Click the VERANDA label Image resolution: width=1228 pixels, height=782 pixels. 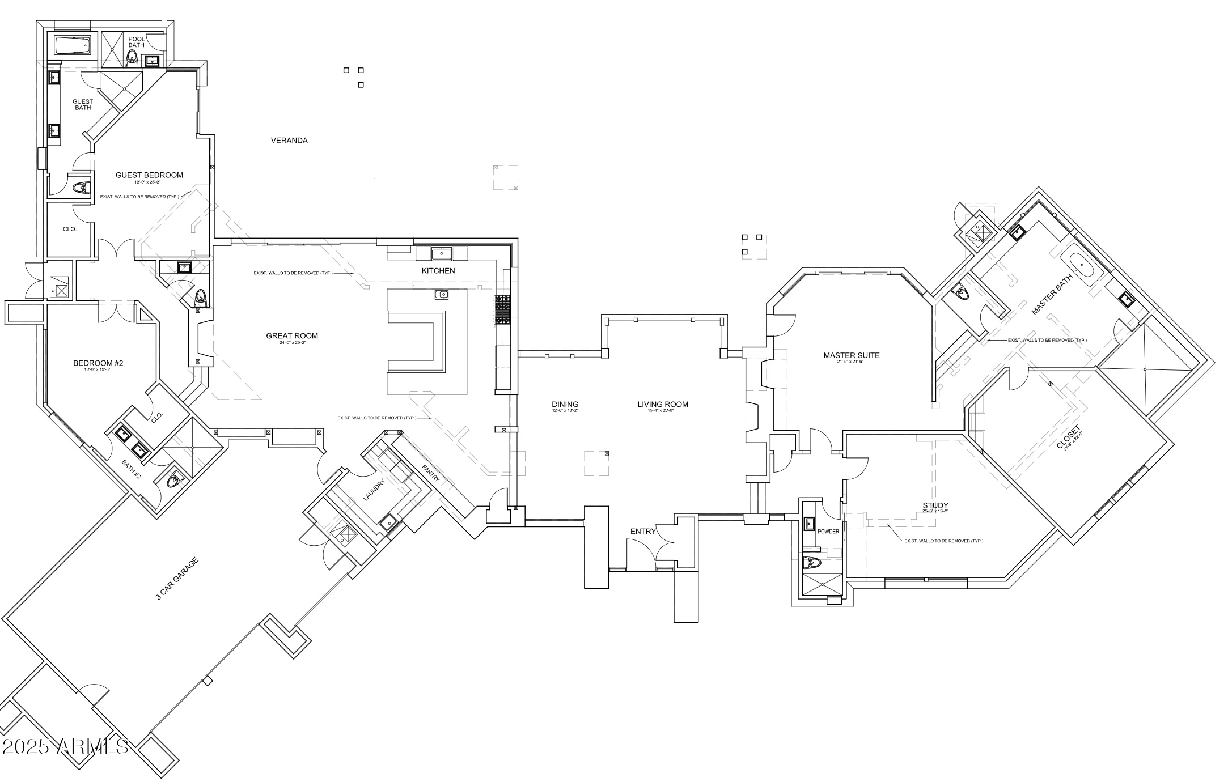pyautogui.click(x=289, y=141)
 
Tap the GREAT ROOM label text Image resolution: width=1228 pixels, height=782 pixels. pyautogui.click(x=292, y=336)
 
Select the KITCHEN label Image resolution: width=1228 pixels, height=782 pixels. pyautogui.click(x=438, y=271)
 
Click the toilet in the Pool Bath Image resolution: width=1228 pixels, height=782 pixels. pyautogui.click(x=132, y=57)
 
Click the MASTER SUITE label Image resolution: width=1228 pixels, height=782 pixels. pyautogui.click(x=851, y=356)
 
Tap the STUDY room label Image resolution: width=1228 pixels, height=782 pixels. pyautogui.click(x=935, y=505)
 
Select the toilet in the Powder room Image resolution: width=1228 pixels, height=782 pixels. pyautogui.click(x=812, y=563)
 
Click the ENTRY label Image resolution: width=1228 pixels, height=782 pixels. pyautogui.click(x=643, y=532)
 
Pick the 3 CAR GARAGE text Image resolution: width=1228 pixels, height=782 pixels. pyautogui.click(x=177, y=578)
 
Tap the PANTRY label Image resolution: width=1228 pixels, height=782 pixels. pyautogui.click(x=431, y=473)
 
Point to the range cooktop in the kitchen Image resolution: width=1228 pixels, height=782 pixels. pyautogui.click(x=503, y=310)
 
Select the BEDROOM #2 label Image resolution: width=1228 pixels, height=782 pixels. pyautogui.click(x=98, y=363)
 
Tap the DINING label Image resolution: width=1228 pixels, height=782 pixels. pyautogui.click(x=565, y=405)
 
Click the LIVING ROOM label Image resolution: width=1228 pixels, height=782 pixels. pyautogui.click(x=662, y=405)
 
